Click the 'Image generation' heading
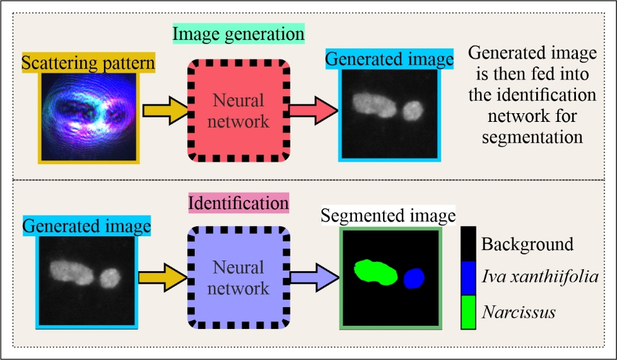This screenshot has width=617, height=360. click(238, 34)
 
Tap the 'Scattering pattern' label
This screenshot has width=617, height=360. click(87, 62)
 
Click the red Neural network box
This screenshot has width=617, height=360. click(239, 110)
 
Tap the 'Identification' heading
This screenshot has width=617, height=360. click(239, 203)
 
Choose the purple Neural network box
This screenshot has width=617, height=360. click(239, 277)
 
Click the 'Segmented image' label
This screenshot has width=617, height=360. click(389, 216)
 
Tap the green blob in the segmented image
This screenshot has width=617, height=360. click(375, 272)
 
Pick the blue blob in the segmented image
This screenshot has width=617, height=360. click(414, 279)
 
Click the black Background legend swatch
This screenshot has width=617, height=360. click(470, 243)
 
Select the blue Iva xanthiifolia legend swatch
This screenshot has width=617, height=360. click(470, 275)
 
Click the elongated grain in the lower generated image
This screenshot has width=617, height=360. click(69, 272)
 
